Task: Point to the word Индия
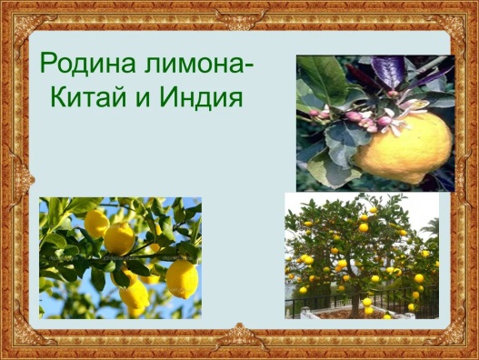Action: (x=201, y=97)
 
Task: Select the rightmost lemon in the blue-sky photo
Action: (x=182, y=279)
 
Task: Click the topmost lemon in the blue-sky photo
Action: (x=96, y=224)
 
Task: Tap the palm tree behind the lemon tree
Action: (x=430, y=227)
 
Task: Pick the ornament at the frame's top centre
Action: (x=239, y=17)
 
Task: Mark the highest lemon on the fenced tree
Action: (x=373, y=210)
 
